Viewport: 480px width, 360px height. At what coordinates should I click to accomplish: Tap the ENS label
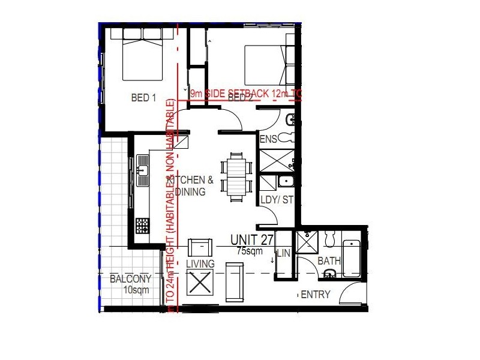click(x=268, y=139)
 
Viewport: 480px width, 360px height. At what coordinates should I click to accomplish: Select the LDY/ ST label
click(x=277, y=200)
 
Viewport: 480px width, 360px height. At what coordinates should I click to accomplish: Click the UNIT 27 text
click(x=252, y=240)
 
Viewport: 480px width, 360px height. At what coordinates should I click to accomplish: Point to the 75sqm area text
click(x=250, y=251)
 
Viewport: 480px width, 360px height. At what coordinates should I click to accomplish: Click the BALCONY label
click(x=130, y=279)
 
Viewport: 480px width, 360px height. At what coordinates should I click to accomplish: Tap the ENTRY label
click(x=316, y=295)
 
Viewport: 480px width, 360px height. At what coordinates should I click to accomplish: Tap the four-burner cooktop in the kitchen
click(x=143, y=226)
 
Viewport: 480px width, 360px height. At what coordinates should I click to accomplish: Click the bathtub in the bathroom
click(x=352, y=258)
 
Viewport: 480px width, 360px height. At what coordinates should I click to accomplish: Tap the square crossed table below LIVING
click(x=200, y=282)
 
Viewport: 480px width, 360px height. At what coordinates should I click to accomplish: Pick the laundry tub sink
click(x=285, y=182)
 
